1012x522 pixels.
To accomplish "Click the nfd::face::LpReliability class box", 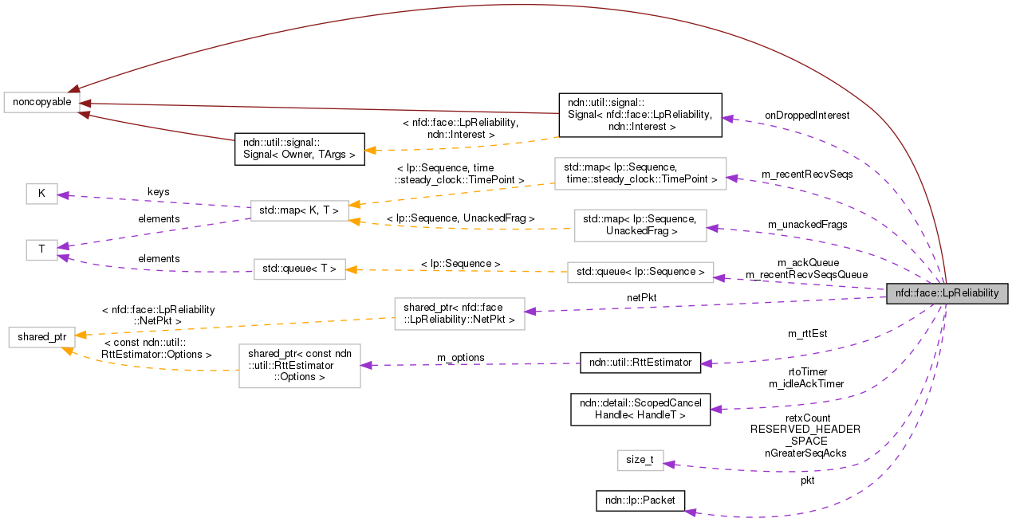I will pyautogui.click(x=947, y=293).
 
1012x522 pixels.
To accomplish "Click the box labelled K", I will pyautogui.click(x=41, y=194).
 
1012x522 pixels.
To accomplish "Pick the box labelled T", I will pyautogui.click(x=41, y=250).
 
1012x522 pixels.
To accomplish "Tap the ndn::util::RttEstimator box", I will pyautogui.click(x=640, y=363).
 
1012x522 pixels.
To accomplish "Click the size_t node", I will pyautogui.click(x=640, y=460).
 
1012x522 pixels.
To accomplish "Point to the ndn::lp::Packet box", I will pyautogui.click(x=640, y=500).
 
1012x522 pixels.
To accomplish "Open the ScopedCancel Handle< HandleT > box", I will pyautogui.click(x=640, y=408).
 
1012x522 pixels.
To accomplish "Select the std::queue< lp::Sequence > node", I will pyautogui.click(x=640, y=272).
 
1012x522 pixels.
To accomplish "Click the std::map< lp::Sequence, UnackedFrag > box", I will pyautogui.click(x=640, y=225).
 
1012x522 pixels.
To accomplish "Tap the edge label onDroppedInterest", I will pyautogui.click(x=806, y=116).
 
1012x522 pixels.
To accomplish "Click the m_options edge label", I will pyautogui.click(x=460, y=358).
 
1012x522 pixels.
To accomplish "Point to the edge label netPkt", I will pyautogui.click(x=641, y=297).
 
